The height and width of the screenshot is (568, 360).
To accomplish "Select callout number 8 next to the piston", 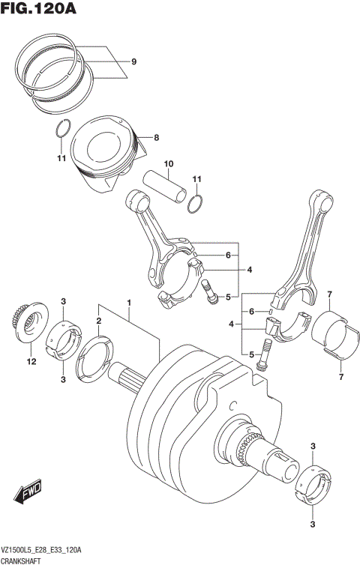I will click(x=156, y=138).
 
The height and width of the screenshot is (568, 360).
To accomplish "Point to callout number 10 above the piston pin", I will click(x=169, y=164).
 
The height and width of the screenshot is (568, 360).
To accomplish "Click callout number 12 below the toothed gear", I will click(x=31, y=363).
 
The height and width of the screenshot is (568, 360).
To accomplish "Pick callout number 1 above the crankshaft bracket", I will click(x=129, y=303).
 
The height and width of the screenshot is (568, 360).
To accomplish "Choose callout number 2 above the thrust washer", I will click(x=98, y=321).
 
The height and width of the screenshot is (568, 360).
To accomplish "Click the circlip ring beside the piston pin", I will click(x=195, y=202).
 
